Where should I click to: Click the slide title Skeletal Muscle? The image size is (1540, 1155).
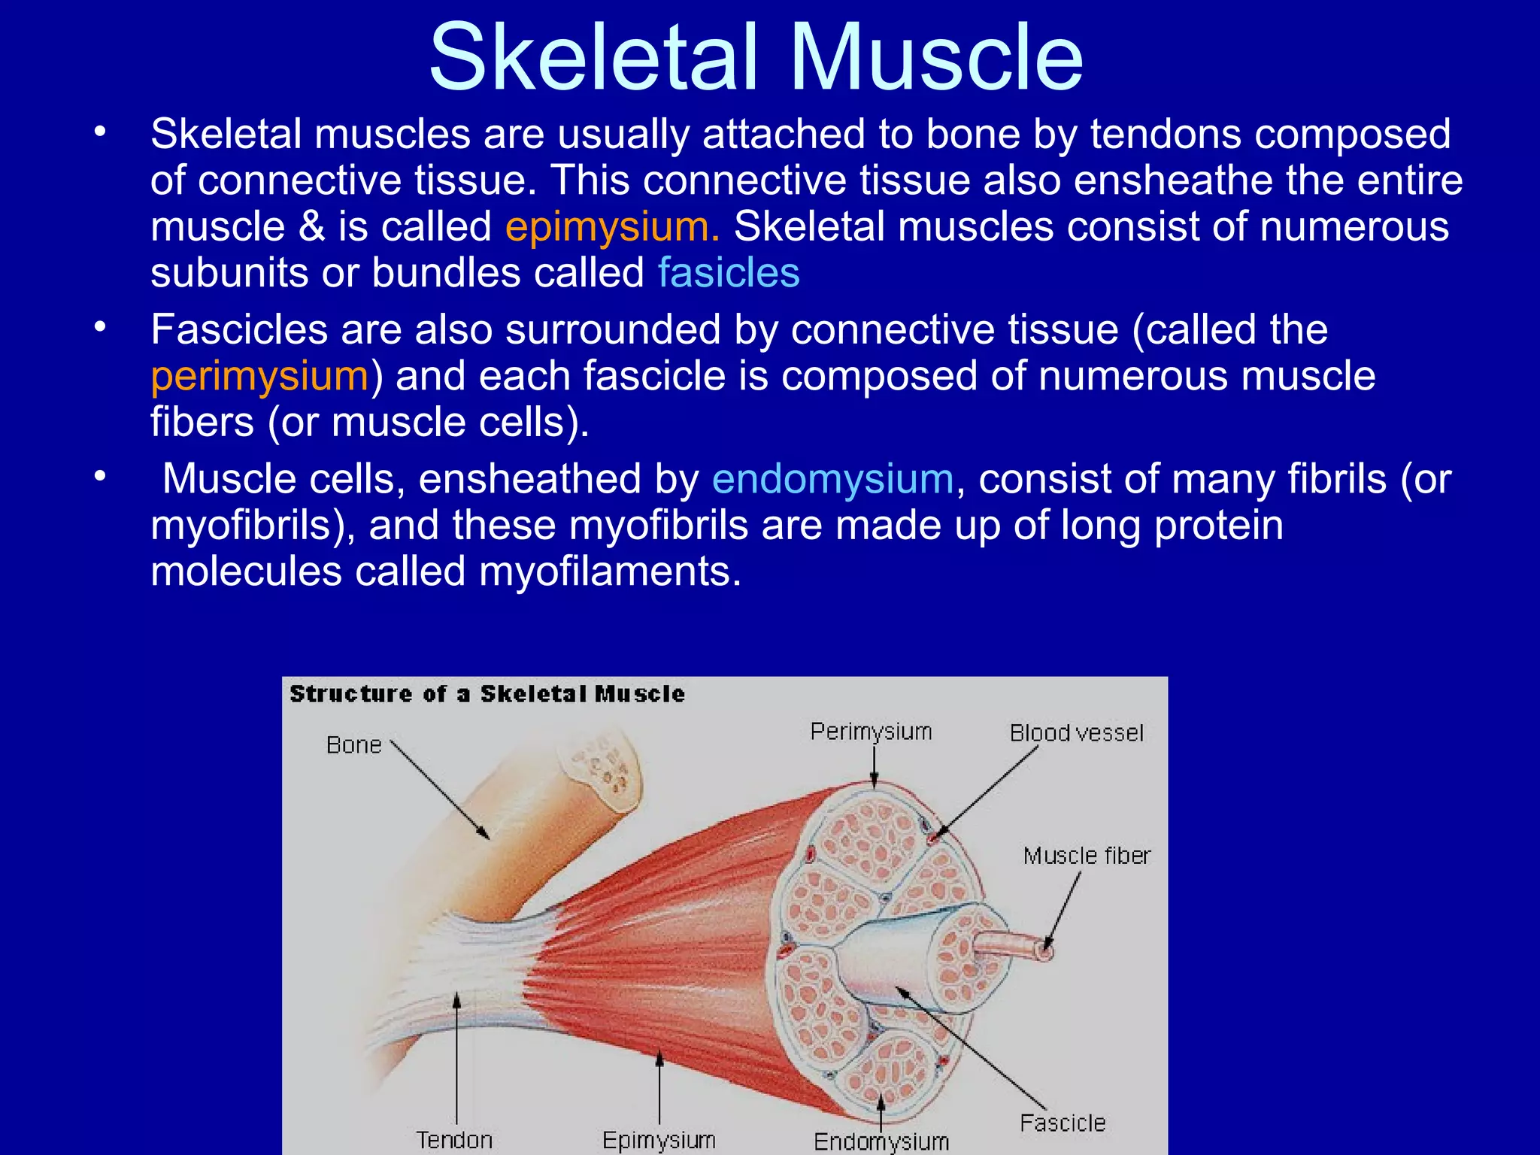(756, 59)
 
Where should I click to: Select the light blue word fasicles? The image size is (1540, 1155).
(728, 272)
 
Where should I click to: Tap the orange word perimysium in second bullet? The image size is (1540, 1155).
(259, 375)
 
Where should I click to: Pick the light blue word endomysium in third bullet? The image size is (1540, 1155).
(832, 479)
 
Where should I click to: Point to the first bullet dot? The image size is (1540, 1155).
(100, 133)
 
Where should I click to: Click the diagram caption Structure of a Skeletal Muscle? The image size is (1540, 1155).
(487, 693)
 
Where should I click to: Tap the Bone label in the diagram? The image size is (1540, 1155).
(353, 745)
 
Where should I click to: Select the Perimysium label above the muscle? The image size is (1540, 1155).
(871, 732)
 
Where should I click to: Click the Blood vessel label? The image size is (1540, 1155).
(1076, 733)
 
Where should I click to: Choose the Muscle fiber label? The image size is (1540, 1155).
(1087, 856)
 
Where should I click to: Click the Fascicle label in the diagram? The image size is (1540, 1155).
(1063, 1123)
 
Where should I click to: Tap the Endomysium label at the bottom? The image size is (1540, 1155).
(881, 1141)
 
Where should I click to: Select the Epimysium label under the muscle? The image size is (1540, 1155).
(659, 1140)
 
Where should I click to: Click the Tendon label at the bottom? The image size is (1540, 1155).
(454, 1140)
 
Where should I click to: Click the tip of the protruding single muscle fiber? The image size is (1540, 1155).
(1045, 951)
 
